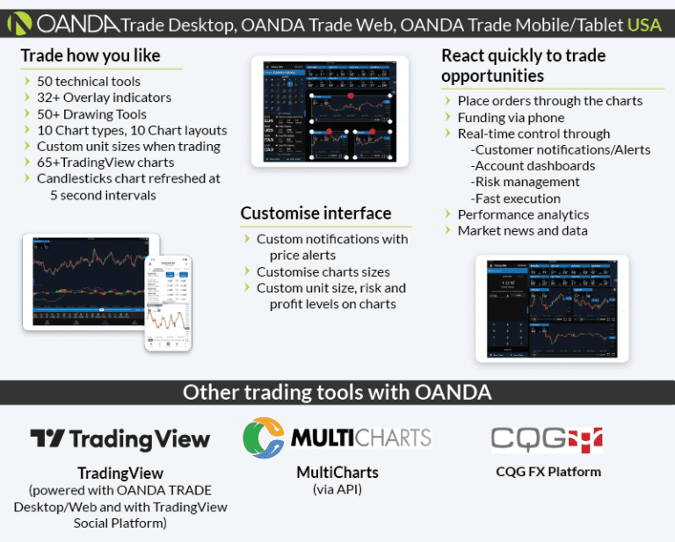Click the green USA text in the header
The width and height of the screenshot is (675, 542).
(644, 24)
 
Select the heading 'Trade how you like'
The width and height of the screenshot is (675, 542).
(91, 56)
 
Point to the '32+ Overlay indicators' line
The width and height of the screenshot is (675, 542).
(104, 98)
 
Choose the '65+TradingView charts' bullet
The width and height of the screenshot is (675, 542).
(105, 163)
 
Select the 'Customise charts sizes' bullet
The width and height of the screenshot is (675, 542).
(323, 271)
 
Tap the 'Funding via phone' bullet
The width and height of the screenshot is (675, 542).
(511, 117)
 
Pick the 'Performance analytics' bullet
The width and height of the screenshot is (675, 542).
(523, 214)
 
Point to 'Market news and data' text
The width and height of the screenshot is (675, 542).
(522, 230)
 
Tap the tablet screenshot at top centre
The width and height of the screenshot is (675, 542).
(330, 112)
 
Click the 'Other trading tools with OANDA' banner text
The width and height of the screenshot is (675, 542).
(337, 392)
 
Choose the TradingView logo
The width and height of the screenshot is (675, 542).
(120, 439)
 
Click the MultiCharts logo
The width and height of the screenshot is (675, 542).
(337, 437)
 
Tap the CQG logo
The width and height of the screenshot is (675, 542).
(547, 437)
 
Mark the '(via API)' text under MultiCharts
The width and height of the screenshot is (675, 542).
(337, 489)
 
